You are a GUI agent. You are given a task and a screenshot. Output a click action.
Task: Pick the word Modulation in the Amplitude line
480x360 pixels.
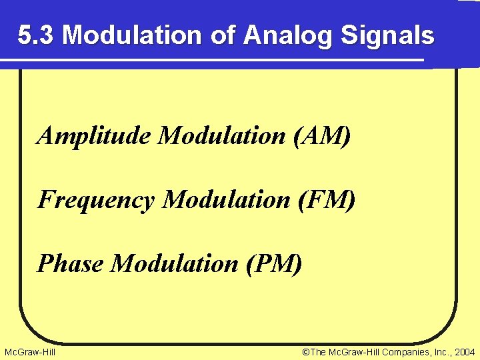coord(222,136)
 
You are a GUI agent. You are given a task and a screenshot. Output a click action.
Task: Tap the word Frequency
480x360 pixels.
coord(96,199)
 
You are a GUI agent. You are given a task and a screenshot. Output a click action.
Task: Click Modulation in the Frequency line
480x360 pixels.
coord(227,199)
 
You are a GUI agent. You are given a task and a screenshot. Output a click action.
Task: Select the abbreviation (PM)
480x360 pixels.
coord(274,263)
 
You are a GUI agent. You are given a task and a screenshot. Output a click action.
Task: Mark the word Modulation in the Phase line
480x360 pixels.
coord(175,263)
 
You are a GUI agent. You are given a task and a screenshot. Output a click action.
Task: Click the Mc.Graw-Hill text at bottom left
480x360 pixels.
coord(30,351)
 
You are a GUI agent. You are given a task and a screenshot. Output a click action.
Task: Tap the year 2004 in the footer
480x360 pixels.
coord(463,351)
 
